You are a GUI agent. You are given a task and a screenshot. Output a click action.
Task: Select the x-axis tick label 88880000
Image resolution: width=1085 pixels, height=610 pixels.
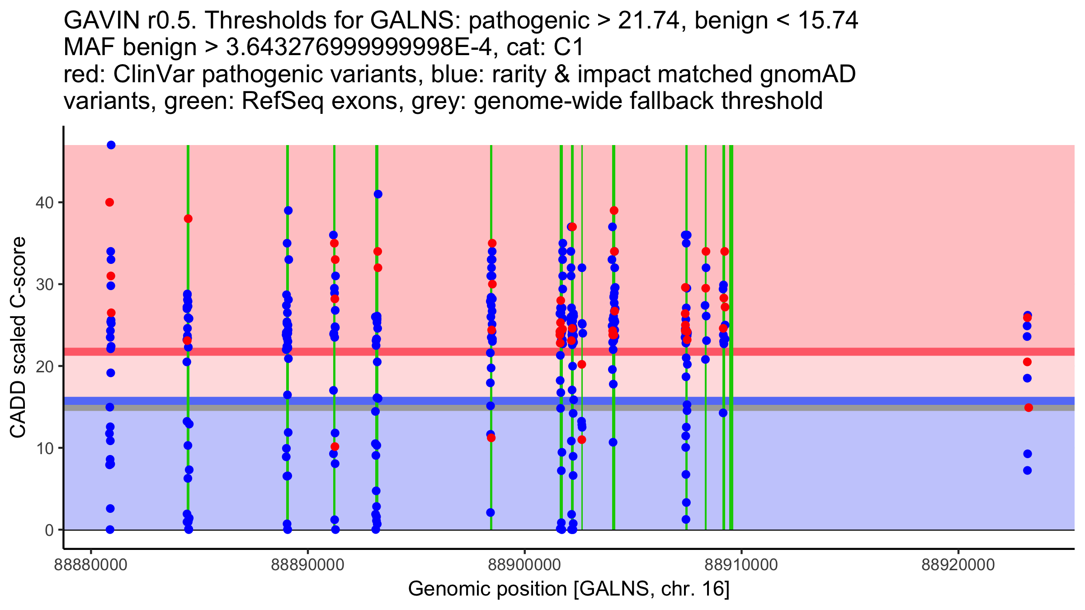[91, 565]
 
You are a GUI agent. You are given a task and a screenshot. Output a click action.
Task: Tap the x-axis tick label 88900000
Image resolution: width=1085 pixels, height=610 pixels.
[524, 565]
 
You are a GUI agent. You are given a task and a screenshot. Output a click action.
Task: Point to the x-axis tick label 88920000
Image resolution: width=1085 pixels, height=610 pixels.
[958, 565]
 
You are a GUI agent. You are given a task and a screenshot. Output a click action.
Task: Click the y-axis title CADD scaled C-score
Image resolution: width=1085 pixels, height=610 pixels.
[18, 338]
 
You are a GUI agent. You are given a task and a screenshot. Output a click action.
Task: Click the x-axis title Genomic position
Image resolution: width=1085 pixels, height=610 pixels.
[569, 589]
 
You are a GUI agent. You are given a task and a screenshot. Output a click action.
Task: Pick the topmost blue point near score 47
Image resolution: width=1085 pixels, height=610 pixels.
[111, 145]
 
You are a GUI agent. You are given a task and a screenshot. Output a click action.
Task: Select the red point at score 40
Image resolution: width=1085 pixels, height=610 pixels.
[109, 202]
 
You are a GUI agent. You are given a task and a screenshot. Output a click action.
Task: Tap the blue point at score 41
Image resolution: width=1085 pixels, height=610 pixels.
[378, 194]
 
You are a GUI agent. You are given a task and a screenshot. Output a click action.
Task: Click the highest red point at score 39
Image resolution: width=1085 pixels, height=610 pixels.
[614, 211]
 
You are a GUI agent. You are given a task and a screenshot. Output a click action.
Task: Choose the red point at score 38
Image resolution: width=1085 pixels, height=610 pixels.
[188, 219]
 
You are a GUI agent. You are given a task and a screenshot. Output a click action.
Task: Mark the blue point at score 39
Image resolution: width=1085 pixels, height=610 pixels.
[288, 211]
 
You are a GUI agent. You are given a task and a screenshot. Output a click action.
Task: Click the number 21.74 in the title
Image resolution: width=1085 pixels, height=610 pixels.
[650, 21]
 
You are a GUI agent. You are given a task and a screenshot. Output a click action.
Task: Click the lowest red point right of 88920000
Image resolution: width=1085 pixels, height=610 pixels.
[1028, 408]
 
